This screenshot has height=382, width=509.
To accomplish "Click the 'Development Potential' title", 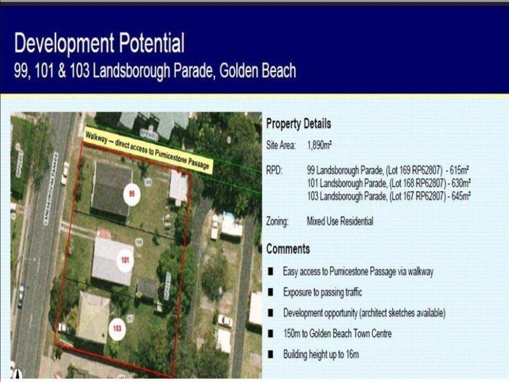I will coord(99,43).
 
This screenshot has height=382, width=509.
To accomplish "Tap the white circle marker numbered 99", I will coord(132,194).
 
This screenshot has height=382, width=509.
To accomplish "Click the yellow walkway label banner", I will coord(149,150).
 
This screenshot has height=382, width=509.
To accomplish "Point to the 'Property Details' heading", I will coord(298,124).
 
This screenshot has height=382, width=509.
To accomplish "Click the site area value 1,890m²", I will coord(319,145).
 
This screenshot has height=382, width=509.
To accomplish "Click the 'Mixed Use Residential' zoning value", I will coord(340,222).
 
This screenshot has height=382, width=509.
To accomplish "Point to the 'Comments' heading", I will coord(288,248).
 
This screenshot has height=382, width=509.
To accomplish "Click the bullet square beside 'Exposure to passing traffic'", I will coord(271,292).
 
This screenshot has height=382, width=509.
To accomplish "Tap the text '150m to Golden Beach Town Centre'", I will coord(337,334).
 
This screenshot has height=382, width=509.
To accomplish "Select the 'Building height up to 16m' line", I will coord(325,354).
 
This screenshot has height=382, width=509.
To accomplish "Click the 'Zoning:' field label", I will coord(277,222).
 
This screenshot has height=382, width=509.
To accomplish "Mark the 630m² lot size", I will coord(460,183).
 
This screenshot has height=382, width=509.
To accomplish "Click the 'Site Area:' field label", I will coord(281,145).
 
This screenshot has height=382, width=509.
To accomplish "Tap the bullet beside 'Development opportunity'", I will coord(271,313).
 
